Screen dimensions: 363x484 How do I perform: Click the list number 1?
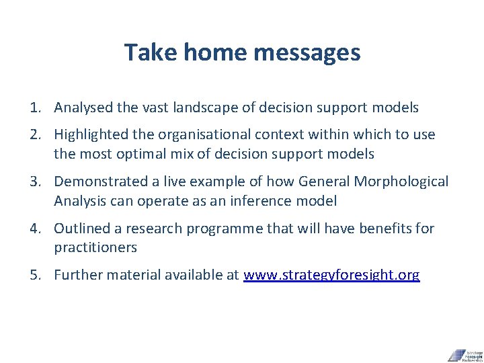[x=34, y=108]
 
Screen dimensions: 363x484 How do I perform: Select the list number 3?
[x=34, y=182]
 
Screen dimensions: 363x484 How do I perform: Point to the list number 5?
[x=34, y=275]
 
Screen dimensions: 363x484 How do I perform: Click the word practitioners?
[x=95, y=247]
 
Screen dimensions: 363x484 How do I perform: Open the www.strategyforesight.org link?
[x=331, y=275]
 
